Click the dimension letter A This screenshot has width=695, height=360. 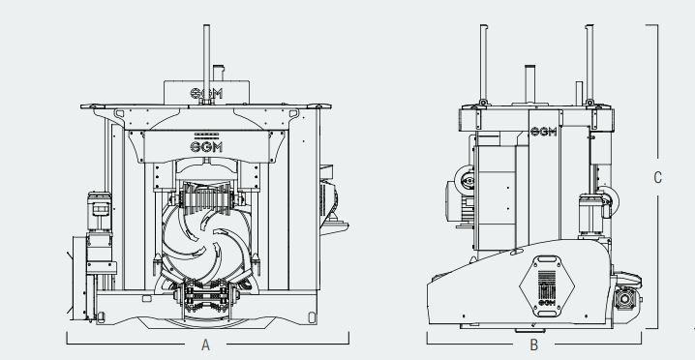click(205, 345)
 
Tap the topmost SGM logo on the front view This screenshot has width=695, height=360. click(205, 92)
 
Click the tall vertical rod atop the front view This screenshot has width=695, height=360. click(205, 48)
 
